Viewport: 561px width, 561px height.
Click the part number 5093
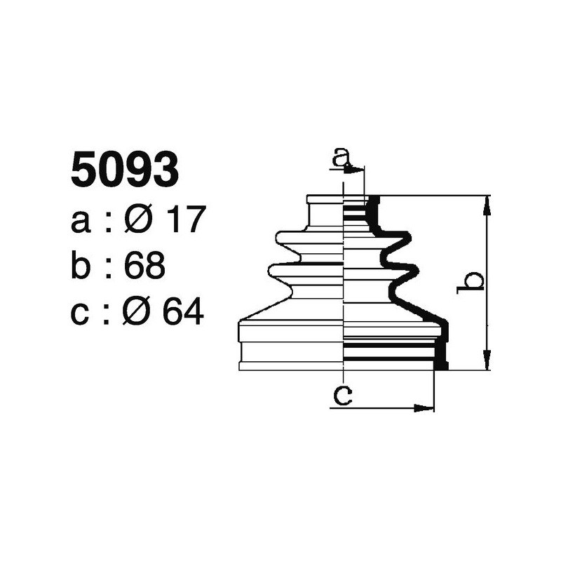[x=125, y=170]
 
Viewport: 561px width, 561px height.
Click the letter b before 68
[x=82, y=266]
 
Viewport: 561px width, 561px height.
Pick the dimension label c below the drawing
[x=342, y=396]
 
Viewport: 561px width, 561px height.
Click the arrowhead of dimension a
[x=358, y=170]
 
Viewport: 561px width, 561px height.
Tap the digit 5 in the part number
[x=85, y=170]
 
